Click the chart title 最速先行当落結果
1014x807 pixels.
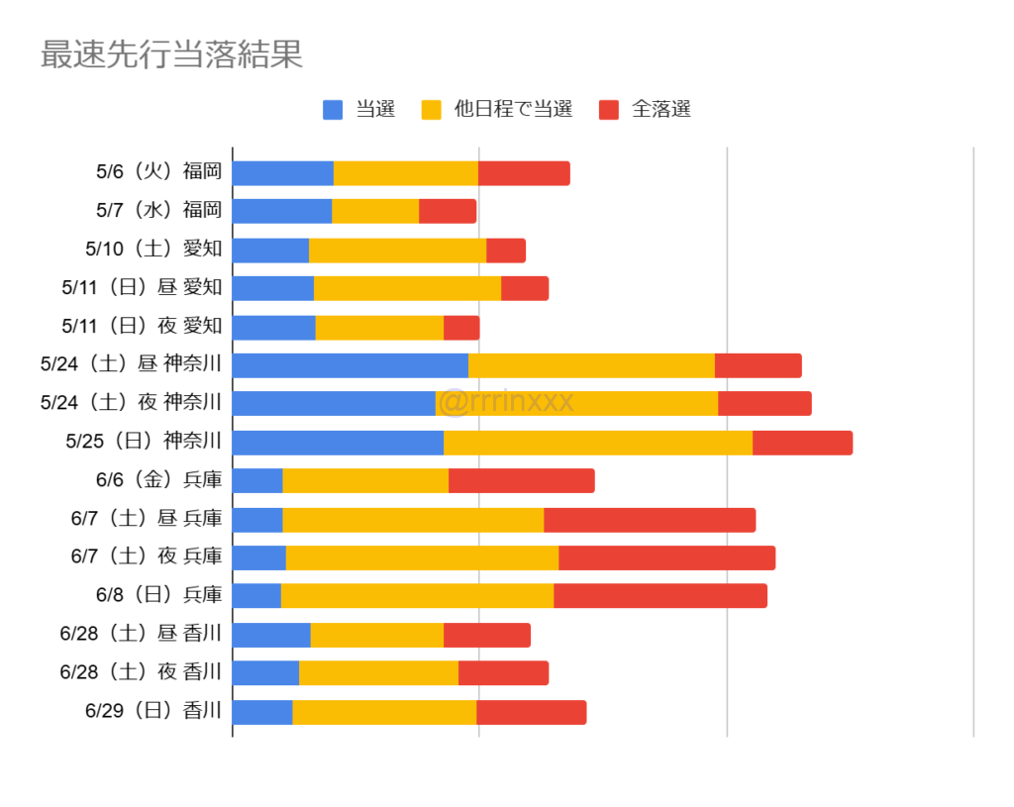(171, 55)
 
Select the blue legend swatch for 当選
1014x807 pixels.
(333, 110)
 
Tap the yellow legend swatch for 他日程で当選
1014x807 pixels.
(431, 110)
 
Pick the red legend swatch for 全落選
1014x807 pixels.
(609, 110)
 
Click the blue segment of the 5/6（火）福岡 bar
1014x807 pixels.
(283, 172)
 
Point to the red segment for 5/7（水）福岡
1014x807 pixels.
(448, 211)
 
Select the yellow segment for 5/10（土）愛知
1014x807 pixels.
(397, 250)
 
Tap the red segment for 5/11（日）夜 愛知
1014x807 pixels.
(461, 327)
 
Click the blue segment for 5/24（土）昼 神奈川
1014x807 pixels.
(351, 365)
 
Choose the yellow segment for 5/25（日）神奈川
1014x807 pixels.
(598, 443)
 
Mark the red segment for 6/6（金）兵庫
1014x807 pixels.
(522, 481)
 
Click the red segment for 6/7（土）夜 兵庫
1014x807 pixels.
(666, 557)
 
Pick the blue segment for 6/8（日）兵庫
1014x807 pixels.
(256, 596)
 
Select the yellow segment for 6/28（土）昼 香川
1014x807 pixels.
(377, 635)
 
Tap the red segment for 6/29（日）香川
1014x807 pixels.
(532, 712)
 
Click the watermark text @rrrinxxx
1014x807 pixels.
(505, 402)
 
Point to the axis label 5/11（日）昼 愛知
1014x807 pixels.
(142, 288)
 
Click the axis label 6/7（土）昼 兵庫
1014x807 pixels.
(147, 519)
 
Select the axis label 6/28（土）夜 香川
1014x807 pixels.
(142, 673)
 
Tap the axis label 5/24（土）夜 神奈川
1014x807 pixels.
(132, 403)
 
